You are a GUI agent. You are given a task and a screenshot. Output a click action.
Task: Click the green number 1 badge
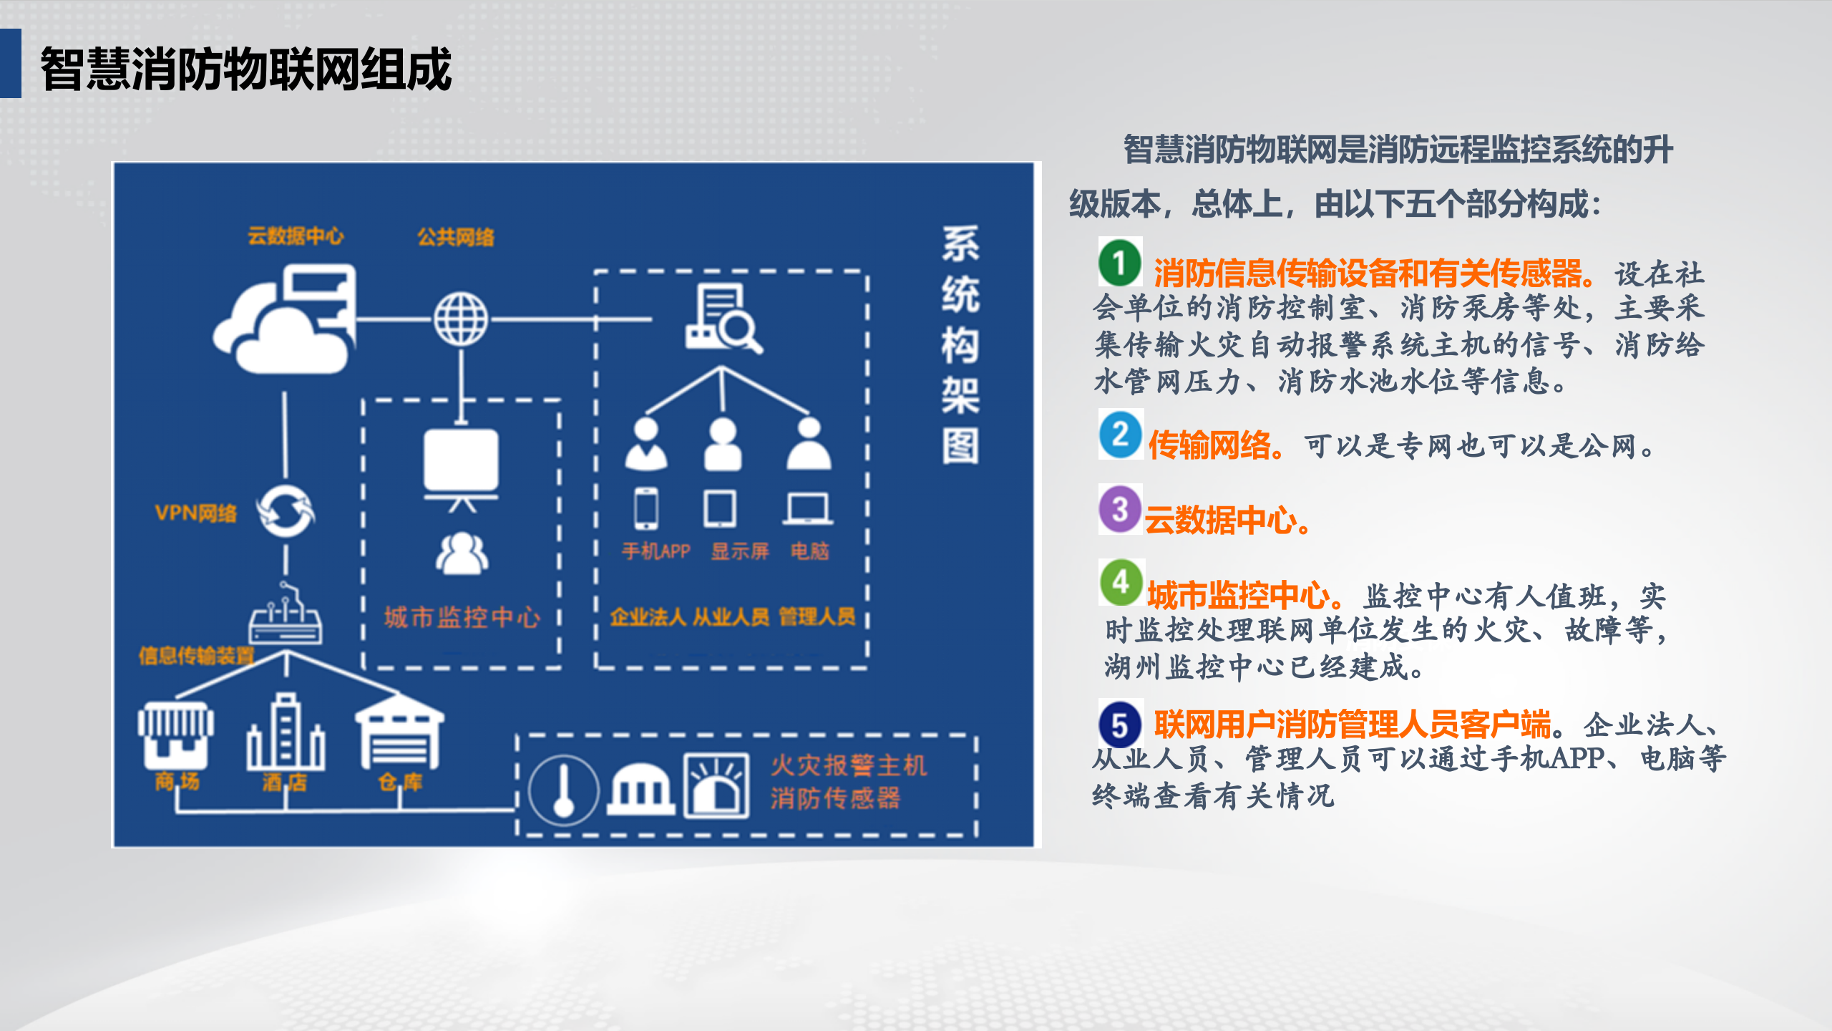pyautogui.click(x=1120, y=262)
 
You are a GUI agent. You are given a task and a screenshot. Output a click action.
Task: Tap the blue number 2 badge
pyautogui.click(x=1121, y=435)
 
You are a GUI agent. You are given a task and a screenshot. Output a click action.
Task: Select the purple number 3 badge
pyautogui.click(x=1120, y=509)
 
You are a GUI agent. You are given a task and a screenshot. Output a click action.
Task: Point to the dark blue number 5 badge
pyautogui.click(x=1121, y=725)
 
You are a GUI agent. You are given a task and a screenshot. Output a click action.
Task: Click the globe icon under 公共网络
pyautogui.click(x=461, y=319)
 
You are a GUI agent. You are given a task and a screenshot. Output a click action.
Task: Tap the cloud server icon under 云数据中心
pyautogui.click(x=286, y=319)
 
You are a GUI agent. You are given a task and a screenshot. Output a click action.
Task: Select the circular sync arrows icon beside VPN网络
pyautogui.click(x=286, y=511)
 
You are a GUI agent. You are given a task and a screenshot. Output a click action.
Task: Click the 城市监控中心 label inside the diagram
pyautogui.click(x=462, y=617)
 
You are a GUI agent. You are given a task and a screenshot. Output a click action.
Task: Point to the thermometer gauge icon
pyautogui.click(x=564, y=790)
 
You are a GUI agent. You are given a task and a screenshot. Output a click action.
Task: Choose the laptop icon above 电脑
pyautogui.click(x=808, y=509)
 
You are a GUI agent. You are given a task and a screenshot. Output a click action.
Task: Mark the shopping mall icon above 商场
pyautogui.click(x=176, y=734)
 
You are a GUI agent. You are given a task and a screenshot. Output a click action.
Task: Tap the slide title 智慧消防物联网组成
pyautogui.click(x=245, y=69)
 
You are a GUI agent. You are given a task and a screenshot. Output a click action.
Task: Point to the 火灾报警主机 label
pyautogui.click(x=849, y=765)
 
